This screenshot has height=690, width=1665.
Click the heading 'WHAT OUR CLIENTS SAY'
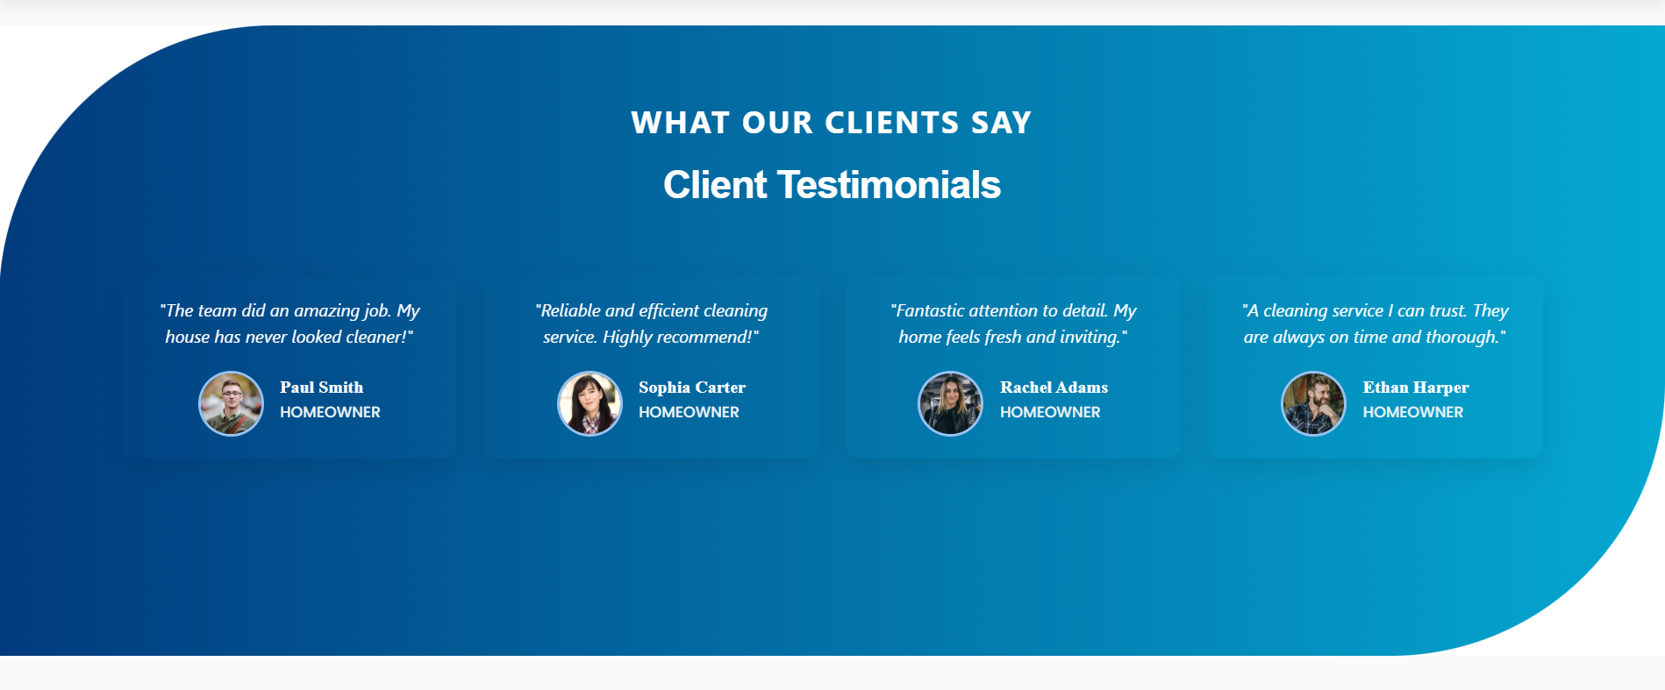[x=832, y=123]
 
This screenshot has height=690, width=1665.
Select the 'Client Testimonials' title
[x=832, y=185]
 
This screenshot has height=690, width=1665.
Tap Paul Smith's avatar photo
[x=231, y=403]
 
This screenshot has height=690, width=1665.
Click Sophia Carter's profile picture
[x=590, y=403]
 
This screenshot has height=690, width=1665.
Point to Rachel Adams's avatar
[x=951, y=403]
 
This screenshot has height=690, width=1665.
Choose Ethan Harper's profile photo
[x=1313, y=403]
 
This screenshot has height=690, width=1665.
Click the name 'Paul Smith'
[x=322, y=388]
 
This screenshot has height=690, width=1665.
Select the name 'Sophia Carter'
[x=692, y=388]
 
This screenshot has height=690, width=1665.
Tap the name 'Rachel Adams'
[x=1054, y=388]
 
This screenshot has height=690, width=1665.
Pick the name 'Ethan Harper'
[x=1416, y=388]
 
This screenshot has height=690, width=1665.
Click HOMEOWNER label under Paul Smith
[x=330, y=412]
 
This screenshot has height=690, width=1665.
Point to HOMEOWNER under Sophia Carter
[x=689, y=412]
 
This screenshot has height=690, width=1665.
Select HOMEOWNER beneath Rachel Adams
[x=1050, y=412]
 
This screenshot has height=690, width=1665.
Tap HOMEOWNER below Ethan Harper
[x=1412, y=412]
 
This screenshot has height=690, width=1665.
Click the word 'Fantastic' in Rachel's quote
[x=929, y=310]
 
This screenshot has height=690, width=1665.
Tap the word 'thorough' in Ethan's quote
[x=1462, y=338]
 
